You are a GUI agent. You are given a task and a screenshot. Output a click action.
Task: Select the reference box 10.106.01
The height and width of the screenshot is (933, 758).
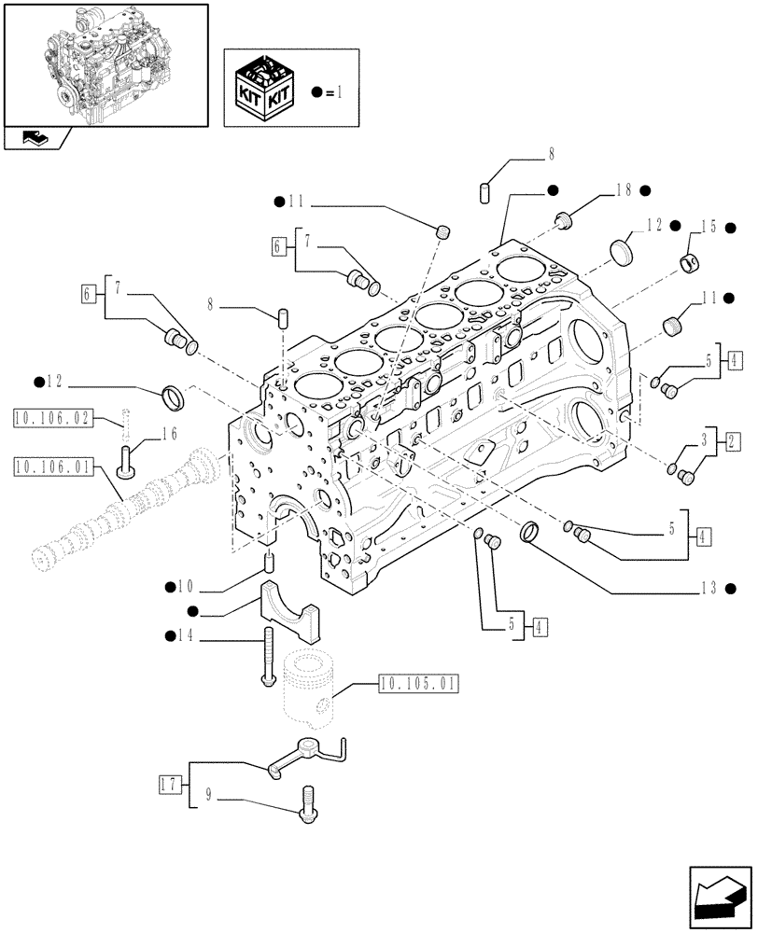point(51,466)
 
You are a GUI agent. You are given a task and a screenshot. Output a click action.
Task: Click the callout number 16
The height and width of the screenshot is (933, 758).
point(169,433)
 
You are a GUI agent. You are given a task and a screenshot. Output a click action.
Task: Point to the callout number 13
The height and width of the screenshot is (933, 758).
point(707,588)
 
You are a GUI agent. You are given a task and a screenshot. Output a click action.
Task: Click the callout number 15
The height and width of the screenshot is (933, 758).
point(709,227)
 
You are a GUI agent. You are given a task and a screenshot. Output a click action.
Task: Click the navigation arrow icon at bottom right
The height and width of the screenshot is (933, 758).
point(719,896)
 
